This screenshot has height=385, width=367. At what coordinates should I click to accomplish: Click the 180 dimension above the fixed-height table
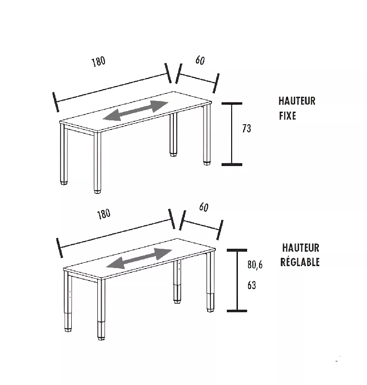tap(98, 62)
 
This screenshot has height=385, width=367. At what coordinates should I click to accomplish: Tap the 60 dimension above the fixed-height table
tap(200, 61)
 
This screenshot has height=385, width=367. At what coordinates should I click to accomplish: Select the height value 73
tap(247, 129)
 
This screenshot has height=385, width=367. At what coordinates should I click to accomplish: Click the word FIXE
tap(288, 116)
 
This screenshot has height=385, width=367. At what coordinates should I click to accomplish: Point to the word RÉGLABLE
tap(300, 262)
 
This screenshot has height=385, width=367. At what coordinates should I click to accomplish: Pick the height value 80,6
tap(255, 265)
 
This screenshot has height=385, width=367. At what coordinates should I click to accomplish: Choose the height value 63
tap(251, 285)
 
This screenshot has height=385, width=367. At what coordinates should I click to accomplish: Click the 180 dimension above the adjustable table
tap(104, 214)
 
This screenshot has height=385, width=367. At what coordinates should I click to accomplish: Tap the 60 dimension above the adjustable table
tap(204, 207)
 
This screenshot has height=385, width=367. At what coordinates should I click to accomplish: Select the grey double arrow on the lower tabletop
tap(139, 258)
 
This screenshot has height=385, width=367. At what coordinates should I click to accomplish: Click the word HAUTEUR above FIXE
tap(297, 101)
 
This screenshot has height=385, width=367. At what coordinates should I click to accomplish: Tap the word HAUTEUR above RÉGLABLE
tap(301, 248)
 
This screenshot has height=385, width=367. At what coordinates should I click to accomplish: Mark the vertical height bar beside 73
tap(232, 134)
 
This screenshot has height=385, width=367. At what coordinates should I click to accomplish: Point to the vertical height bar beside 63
tap(236, 281)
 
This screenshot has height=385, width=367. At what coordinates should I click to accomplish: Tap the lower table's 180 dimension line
tap(116, 234)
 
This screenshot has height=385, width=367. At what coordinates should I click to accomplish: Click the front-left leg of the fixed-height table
tap(97, 161)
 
